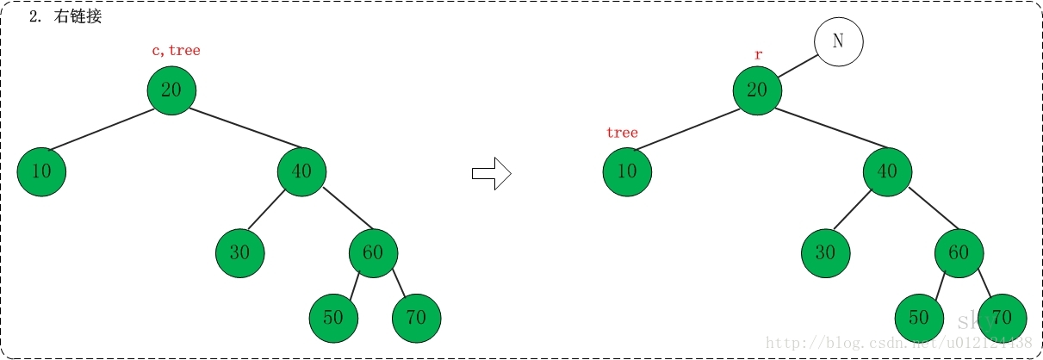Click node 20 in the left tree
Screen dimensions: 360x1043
(171, 90)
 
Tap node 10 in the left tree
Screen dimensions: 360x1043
(41, 171)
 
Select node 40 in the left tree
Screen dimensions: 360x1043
(301, 171)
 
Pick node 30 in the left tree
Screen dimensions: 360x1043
(239, 253)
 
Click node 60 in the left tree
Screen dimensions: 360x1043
(373, 253)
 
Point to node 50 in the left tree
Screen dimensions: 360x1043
(333, 318)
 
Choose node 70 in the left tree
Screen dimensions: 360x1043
(416, 318)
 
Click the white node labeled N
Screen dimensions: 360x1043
(838, 41)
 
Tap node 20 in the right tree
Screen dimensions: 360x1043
(757, 90)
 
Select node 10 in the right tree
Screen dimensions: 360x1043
(627, 171)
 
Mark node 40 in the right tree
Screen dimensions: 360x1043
(887, 171)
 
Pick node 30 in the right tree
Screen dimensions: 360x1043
(825, 253)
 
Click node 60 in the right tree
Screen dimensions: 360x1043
(959, 253)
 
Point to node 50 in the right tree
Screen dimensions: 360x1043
(919, 318)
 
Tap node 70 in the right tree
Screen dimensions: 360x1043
(1002, 318)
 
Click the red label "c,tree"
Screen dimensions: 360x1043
(176, 51)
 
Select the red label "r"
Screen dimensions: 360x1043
(758, 55)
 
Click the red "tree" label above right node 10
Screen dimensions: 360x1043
(622, 133)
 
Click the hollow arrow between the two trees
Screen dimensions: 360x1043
(492, 174)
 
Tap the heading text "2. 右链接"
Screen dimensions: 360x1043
(65, 17)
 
